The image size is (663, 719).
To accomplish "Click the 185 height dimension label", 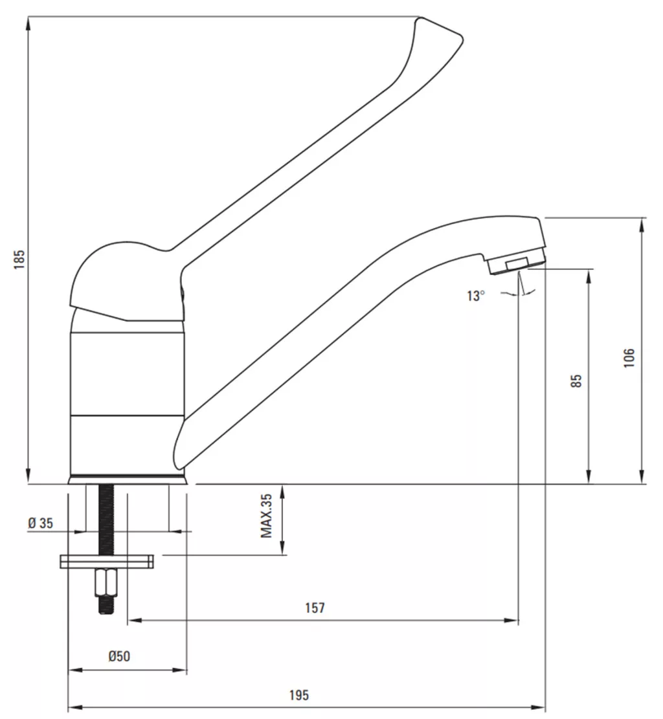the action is click(x=19, y=259).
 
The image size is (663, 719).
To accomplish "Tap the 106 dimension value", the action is click(x=629, y=358).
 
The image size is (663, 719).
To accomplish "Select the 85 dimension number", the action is click(x=576, y=381).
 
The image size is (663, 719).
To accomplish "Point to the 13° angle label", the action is click(x=476, y=296).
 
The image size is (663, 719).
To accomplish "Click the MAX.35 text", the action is click(x=266, y=516).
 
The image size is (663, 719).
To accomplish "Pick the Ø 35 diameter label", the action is click(x=40, y=523).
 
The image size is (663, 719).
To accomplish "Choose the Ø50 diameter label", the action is click(x=119, y=656).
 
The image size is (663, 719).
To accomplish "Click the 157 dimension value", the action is click(x=315, y=608).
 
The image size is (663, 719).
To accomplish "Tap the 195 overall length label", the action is click(x=298, y=694).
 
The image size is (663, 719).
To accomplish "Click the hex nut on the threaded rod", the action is click(x=106, y=582).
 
